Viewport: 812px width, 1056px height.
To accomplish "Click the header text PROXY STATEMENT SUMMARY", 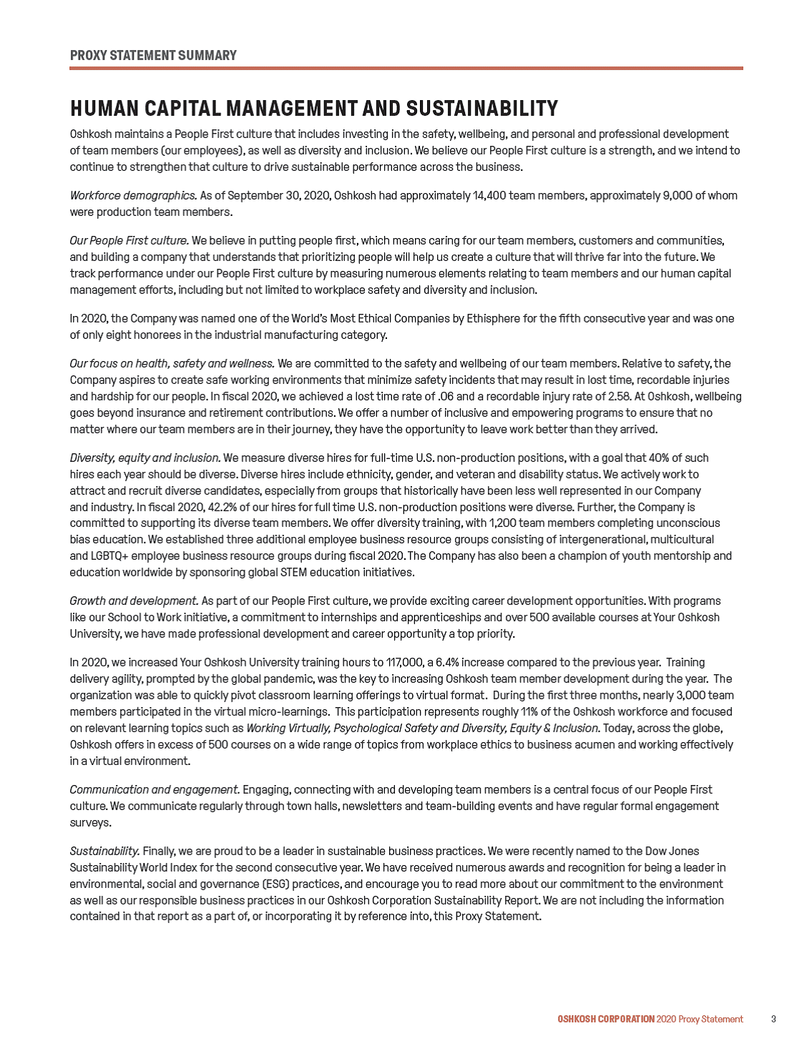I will click(153, 56).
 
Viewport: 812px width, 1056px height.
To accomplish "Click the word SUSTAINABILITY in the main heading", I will click(481, 109).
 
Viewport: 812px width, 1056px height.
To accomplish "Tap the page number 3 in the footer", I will click(773, 1019).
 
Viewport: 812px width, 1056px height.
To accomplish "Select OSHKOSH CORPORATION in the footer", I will click(606, 1019).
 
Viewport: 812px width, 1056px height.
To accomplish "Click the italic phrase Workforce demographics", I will click(133, 195).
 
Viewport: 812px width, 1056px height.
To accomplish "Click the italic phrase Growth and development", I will click(134, 601).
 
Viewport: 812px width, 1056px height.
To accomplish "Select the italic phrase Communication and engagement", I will click(155, 789).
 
